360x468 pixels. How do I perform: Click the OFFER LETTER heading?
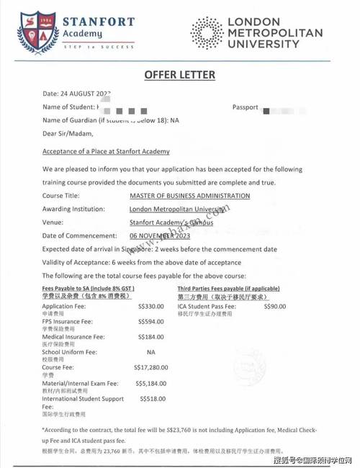(179, 75)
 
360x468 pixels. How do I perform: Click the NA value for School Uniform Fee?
(150, 352)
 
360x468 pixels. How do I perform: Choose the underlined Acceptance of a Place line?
(107, 151)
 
